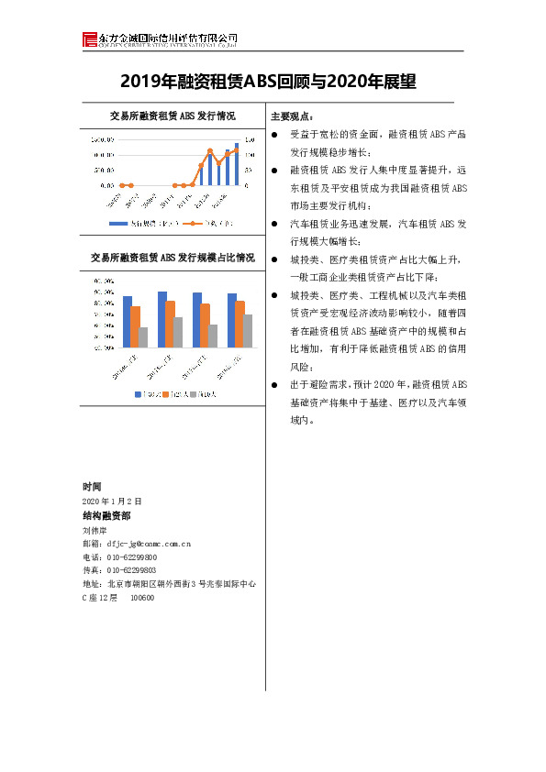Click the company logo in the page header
click(x=89, y=39)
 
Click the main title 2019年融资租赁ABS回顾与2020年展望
click(x=268, y=83)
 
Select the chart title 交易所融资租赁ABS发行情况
click(x=172, y=116)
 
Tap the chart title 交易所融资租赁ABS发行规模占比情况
click(x=173, y=258)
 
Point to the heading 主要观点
click(x=292, y=116)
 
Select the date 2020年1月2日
click(x=112, y=502)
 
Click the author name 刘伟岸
click(x=95, y=530)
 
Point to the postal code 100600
click(x=142, y=598)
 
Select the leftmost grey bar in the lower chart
click(x=143, y=336)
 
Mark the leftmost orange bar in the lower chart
click(x=135, y=326)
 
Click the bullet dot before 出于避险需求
click(x=275, y=384)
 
